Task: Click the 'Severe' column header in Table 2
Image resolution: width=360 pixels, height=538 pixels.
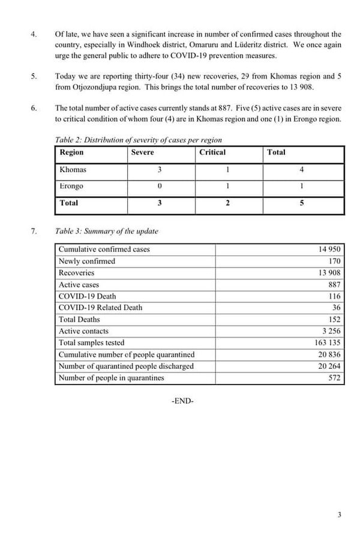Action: [x=142, y=152]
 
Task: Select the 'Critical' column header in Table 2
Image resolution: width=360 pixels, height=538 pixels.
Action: [x=212, y=152]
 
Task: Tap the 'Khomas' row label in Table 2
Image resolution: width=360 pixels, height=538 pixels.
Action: [x=73, y=170]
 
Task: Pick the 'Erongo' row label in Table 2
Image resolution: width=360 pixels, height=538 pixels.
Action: [x=72, y=187]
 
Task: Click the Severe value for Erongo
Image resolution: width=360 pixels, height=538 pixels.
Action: [x=160, y=187]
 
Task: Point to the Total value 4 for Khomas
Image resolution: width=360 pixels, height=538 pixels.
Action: [x=301, y=170]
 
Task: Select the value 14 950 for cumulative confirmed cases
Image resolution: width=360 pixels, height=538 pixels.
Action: [x=329, y=249]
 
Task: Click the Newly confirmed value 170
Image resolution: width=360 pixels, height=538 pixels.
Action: [x=334, y=261]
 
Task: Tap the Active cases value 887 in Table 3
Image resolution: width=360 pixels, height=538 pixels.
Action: [x=334, y=284]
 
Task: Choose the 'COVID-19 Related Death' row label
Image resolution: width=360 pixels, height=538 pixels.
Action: [x=100, y=308]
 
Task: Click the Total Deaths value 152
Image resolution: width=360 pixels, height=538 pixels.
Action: [x=334, y=320]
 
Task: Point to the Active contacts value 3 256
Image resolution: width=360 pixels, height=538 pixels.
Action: [x=331, y=331]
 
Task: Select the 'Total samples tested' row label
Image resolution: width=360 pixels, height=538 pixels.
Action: [x=91, y=342]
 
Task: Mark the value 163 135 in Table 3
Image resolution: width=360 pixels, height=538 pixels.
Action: [x=328, y=342]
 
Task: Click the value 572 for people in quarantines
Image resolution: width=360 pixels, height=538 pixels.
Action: [x=334, y=378]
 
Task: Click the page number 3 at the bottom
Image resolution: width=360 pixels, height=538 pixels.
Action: [x=340, y=515]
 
